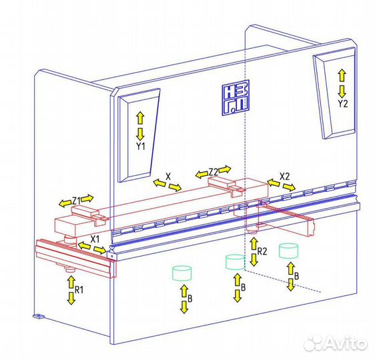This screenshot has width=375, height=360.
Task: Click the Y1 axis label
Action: pos(141,146)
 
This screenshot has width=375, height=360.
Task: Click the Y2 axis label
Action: pos(343,104)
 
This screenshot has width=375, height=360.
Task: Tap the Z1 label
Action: pos(76,201)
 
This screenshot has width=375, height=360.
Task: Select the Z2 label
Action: pos(214,172)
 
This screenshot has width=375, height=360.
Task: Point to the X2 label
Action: pos(285,177)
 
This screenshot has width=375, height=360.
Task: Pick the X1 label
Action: pos(95,239)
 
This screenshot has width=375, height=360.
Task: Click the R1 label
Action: pos(79,290)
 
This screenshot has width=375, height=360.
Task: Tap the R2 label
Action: pos(262,251)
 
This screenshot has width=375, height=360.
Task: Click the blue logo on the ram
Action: pos(236,98)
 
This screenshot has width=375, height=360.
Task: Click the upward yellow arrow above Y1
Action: pos(140,118)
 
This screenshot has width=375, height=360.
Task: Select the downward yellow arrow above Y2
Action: pos(342,91)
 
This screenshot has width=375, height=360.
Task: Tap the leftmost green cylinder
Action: pos(181,273)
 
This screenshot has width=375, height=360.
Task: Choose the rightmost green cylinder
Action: pos(288,251)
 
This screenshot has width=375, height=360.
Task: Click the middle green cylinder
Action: pos(236,262)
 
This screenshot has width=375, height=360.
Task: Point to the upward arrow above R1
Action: pos(71,282)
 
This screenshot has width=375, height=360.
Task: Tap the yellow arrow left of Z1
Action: pos(65,203)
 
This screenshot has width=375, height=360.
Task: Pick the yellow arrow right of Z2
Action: pos(225,169)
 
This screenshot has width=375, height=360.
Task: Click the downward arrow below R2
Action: pos(254,261)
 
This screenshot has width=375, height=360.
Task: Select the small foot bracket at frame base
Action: pos(38,316)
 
